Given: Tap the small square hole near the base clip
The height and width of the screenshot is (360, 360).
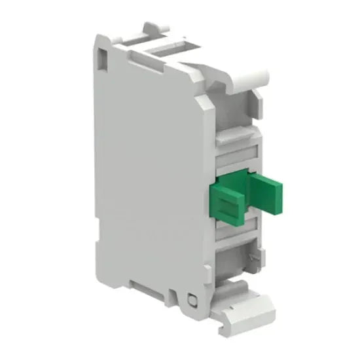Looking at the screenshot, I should coord(192,300).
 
